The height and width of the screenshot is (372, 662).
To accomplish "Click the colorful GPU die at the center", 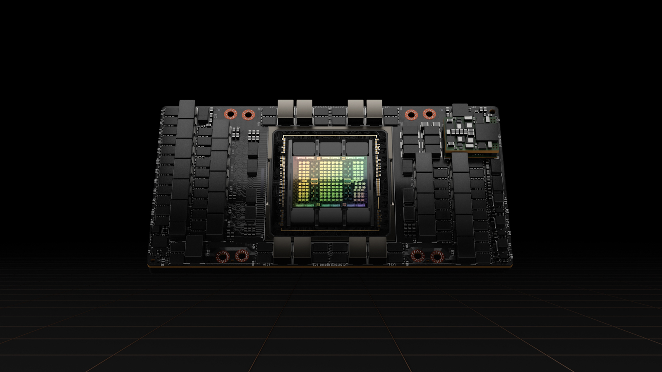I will coord(330,181).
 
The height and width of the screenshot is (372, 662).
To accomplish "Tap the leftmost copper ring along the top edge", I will coord(230,114).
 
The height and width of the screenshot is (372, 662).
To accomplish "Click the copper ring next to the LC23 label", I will coord(223,257).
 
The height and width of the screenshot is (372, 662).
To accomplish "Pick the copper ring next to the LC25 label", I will coord(437,257).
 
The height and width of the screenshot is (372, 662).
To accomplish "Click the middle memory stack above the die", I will coord(330,148).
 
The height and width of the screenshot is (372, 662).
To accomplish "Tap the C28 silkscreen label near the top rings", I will coord(216,116).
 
